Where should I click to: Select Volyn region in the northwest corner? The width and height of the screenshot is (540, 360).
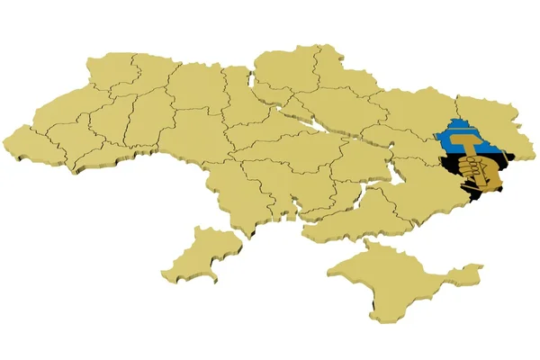[108, 67]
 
